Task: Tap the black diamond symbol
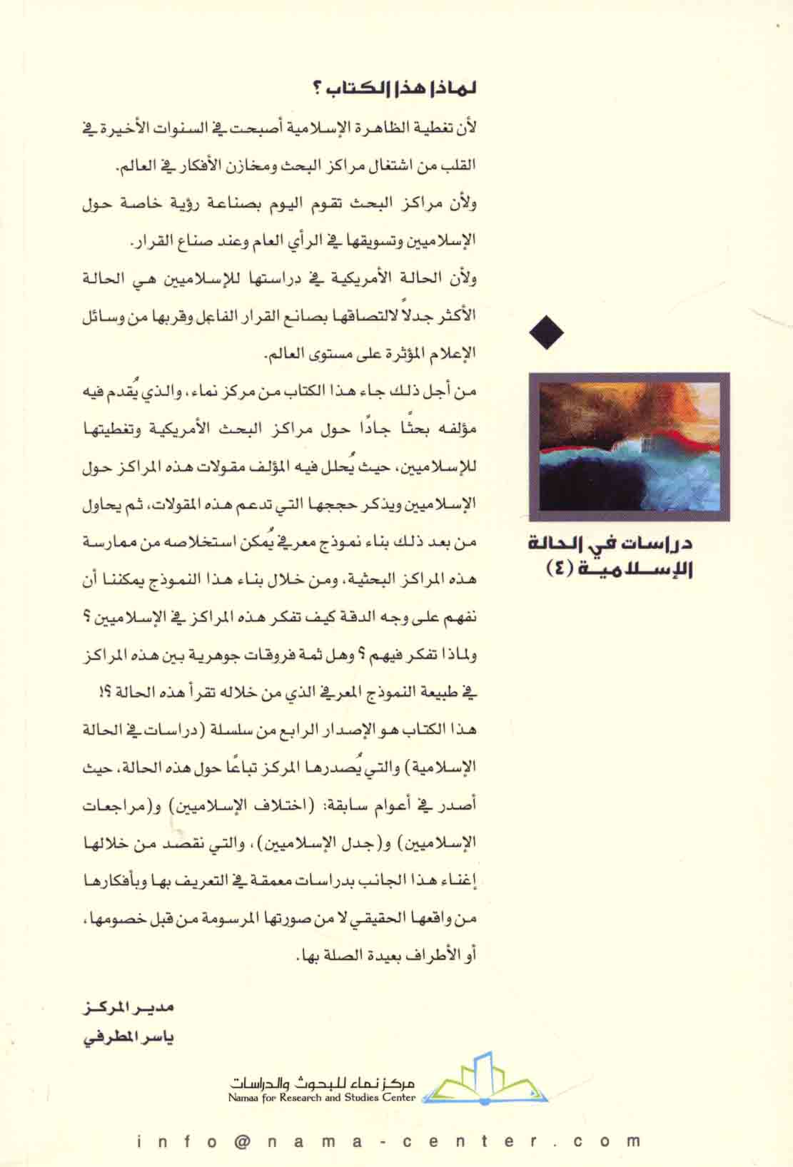click(x=547, y=332)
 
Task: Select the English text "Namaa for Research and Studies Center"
click(x=322, y=1098)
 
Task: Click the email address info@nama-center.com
click(x=389, y=1141)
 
